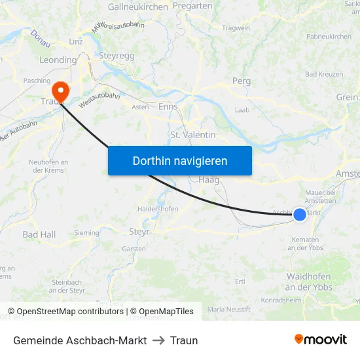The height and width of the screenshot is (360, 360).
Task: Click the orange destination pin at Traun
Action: click(60, 89)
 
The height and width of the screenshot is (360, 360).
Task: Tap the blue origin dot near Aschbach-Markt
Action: click(299, 214)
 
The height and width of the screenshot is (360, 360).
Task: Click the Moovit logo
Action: click(320, 340)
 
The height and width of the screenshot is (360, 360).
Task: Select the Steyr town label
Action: click(140, 231)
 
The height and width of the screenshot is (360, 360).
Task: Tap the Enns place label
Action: click(168, 106)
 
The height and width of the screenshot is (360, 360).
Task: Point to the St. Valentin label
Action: click(192, 134)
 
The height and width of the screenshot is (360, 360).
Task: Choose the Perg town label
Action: click(242, 81)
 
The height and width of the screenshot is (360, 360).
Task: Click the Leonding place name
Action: click(58, 60)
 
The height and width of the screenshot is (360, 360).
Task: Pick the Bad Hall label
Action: click(39, 234)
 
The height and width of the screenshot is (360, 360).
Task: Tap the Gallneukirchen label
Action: click(137, 7)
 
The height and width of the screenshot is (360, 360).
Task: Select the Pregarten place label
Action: click(192, 5)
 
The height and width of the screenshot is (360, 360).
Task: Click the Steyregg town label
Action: click(117, 56)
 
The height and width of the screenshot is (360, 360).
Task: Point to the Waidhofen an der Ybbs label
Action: click(309, 282)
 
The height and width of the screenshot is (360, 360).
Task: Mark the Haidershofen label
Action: click(158, 209)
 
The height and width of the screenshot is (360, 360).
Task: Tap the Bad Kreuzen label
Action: click(324, 74)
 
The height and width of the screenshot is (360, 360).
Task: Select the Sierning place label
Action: click(87, 232)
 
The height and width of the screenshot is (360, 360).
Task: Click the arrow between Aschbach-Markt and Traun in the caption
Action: click(158, 340)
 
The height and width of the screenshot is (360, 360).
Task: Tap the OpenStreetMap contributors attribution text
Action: click(69, 312)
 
